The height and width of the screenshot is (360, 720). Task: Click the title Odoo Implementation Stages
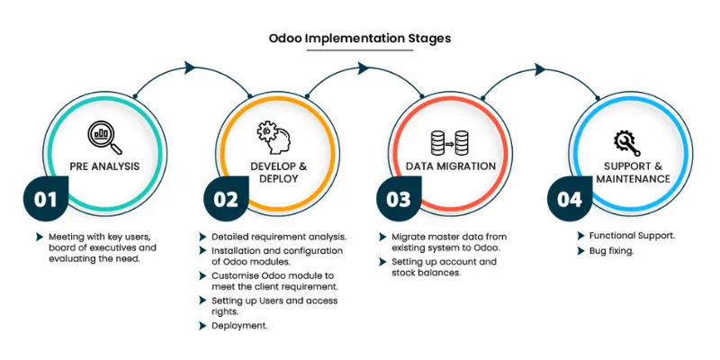tap(360, 39)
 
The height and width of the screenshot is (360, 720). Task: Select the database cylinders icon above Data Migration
tap(450, 141)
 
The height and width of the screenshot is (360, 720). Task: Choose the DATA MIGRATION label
tap(450, 166)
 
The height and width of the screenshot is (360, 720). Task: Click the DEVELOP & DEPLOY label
tap(278, 173)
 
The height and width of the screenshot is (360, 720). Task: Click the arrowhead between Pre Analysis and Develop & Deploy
tap(190, 67)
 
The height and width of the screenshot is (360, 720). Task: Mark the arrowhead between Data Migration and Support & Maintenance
tap(539, 67)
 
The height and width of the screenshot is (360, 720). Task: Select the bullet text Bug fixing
tap(610, 251)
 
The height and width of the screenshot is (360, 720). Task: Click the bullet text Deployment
tap(238, 325)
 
